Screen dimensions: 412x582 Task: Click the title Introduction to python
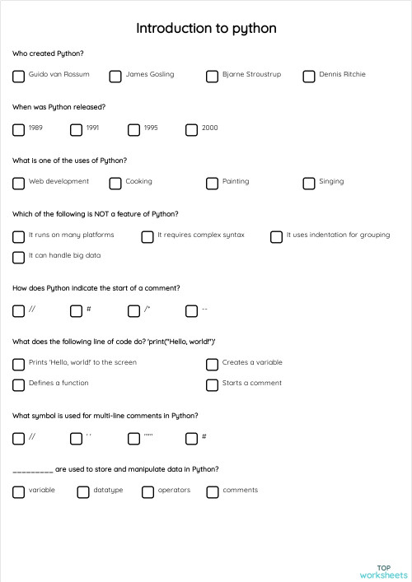[206, 29]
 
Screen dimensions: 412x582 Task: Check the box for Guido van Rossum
[18, 77]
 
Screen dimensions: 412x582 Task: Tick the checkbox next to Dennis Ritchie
[309, 77]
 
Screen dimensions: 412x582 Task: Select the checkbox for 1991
[76, 129]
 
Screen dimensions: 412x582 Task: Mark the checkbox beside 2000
[191, 129]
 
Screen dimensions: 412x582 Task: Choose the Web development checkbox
[18, 183]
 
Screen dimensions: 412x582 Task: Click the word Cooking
[138, 181]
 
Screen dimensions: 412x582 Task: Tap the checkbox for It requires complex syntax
[147, 237]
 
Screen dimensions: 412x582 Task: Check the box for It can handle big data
[18, 258]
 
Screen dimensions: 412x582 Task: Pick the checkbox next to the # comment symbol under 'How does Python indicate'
[76, 311]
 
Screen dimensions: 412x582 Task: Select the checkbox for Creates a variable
[212, 365]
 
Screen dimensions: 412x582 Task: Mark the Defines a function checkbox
[18, 385]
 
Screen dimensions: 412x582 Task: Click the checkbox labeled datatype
[83, 492]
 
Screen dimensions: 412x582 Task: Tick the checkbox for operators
[147, 492]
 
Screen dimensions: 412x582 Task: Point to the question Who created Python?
[48, 54]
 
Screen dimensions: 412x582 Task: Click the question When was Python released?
[59, 107]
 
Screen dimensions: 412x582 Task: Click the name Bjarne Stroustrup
[251, 74]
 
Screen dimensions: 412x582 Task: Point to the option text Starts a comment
[251, 383]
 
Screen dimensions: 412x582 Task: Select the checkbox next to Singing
[309, 183]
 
